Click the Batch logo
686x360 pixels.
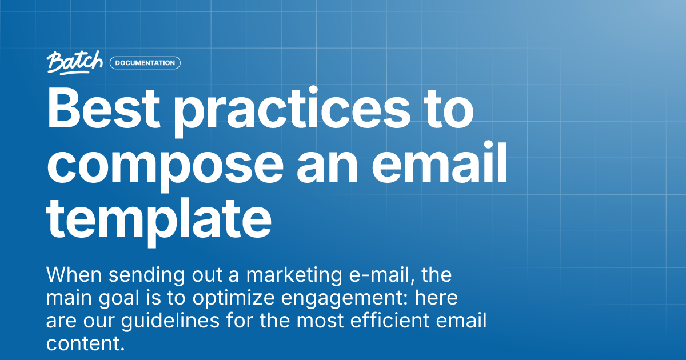(75, 62)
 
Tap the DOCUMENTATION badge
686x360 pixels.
(145, 63)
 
